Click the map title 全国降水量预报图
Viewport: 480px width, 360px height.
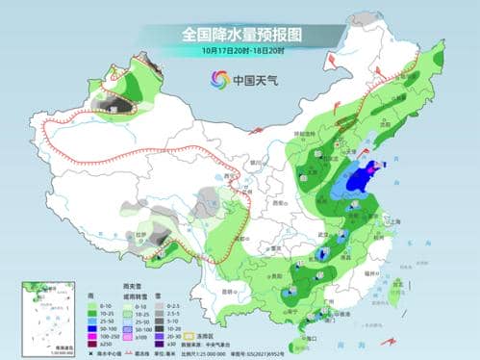pyautogui.click(x=240, y=33)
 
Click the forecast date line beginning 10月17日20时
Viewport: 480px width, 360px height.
pyautogui.click(x=240, y=49)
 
